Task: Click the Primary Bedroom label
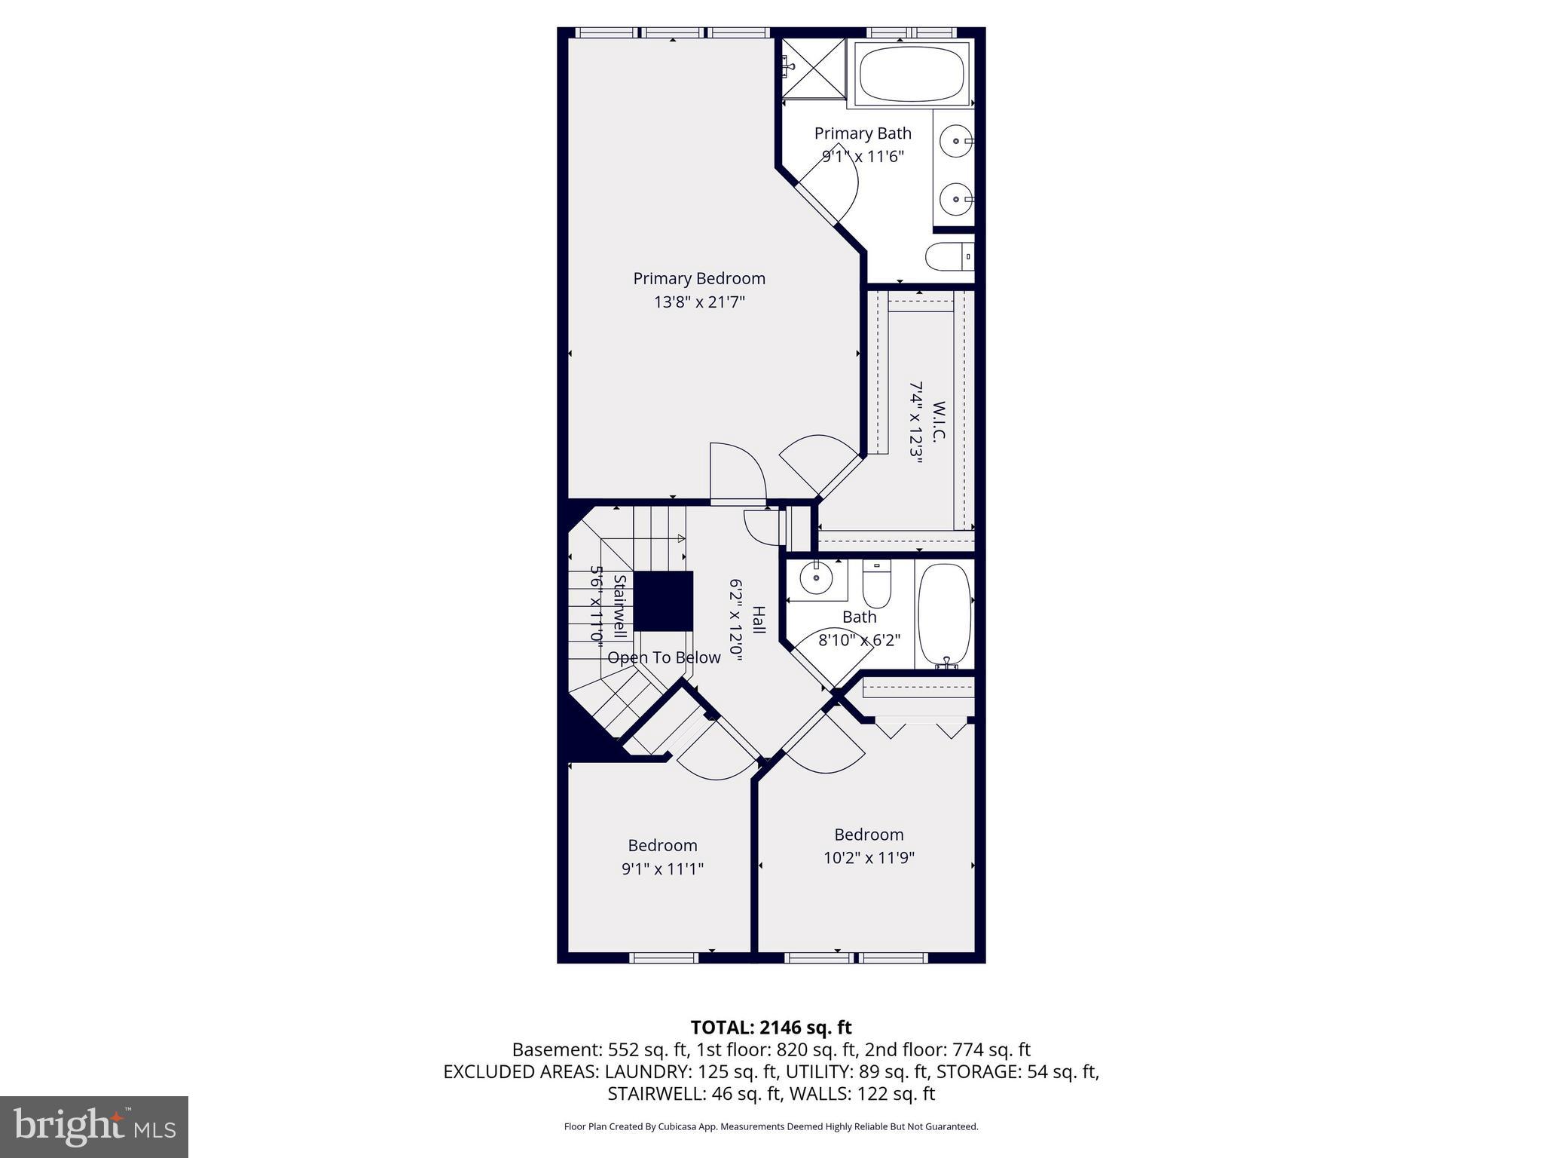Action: click(x=698, y=279)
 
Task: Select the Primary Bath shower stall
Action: click(x=814, y=68)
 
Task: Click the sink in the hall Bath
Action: click(x=815, y=579)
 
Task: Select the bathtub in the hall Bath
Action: click(x=944, y=614)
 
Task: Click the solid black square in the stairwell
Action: click(x=662, y=601)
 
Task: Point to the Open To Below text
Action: click(x=664, y=657)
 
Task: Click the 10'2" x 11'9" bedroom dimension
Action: click(x=869, y=858)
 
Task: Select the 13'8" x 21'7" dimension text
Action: click(x=698, y=302)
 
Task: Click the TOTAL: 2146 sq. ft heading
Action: click(x=771, y=1027)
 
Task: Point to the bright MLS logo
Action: click(x=94, y=1126)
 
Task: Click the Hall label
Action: click(x=759, y=620)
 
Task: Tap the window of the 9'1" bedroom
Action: click(x=664, y=957)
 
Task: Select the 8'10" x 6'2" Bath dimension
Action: click(x=859, y=640)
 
